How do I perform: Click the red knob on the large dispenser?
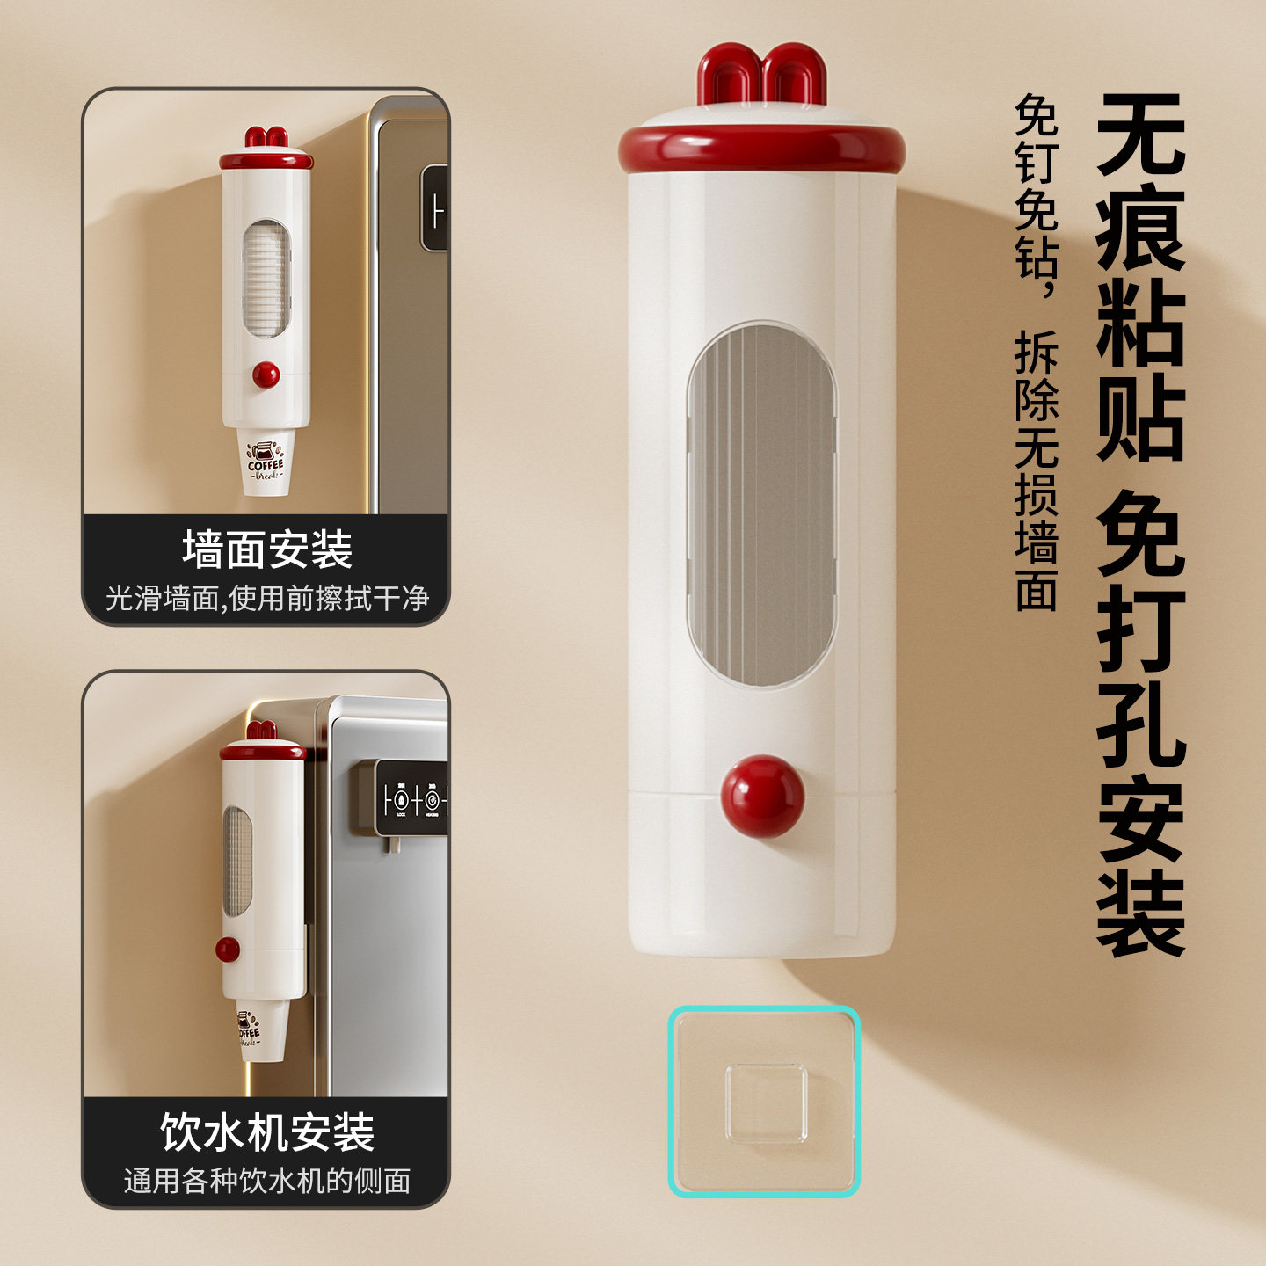pyautogui.click(x=762, y=797)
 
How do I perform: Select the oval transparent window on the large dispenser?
pyautogui.click(x=761, y=505)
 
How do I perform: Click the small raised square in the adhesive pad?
pyautogui.click(x=766, y=1103)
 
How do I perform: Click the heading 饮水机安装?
pyautogui.click(x=267, y=1131)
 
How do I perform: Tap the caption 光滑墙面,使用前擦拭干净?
pyautogui.click(x=267, y=599)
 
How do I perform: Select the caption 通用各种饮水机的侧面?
pyautogui.click(x=267, y=1181)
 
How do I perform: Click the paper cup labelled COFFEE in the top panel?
pyautogui.click(x=265, y=462)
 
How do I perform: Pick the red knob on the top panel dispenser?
pyautogui.click(x=266, y=375)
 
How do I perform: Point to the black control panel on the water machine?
pyautogui.click(x=411, y=798)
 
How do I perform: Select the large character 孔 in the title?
pyautogui.click(x=1140, y=718)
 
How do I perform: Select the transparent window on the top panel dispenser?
pyautogui.click(x=266, y=279)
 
